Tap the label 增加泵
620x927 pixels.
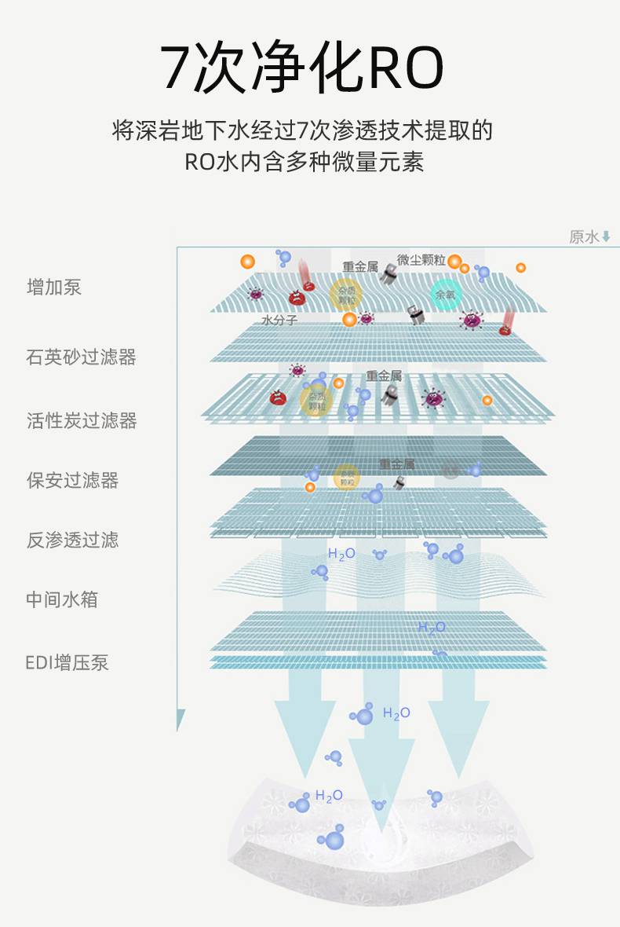point(54,288)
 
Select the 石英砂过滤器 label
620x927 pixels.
point(82,357)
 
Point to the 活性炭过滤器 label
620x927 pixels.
point(82,421)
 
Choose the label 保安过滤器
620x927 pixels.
point(72,481)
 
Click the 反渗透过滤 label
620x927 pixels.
point(72,540)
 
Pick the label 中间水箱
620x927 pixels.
point(62,600)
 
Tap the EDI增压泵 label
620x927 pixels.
point(67,663)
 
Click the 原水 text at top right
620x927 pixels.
point(583,237)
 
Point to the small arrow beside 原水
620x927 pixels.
point(606,237)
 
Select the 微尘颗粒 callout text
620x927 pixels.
point(421,260)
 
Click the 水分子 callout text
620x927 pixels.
point(279,321)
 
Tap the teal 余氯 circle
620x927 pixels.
point(445,295)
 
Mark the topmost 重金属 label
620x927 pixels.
point(360,267)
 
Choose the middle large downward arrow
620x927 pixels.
point(381,778)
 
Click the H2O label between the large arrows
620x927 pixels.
point(396,713)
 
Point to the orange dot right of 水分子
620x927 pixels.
point(349,320)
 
